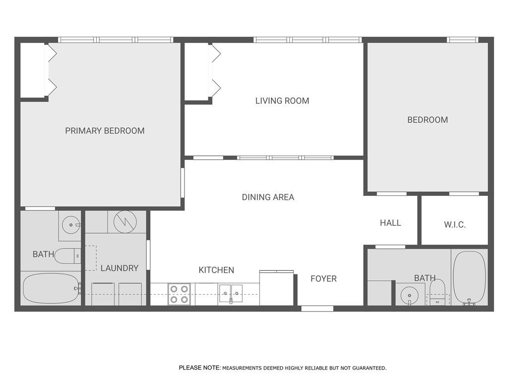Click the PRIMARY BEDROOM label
tap(105, 131)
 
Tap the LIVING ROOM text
tap(282, 101)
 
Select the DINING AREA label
tap(268, 197)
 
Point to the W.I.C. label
tap(454, 225)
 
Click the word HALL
tap(390, 223)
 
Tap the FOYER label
tap(323, 279)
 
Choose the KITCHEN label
tap(216, 270)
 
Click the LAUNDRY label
tap(119, 268)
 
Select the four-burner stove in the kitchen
tap(179, 294)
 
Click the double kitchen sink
tap(230, 294)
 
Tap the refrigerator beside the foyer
tap(277, 288)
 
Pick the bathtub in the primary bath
tap(51, 289)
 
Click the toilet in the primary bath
tap(66, 256)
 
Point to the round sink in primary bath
tap(71, 225)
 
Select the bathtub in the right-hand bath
tap(469, 278)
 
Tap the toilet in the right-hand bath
tap(437, 292)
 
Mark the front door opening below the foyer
tap(317, 309)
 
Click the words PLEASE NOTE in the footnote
tap(199, 368)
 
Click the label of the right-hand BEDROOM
tap(428, 120)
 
